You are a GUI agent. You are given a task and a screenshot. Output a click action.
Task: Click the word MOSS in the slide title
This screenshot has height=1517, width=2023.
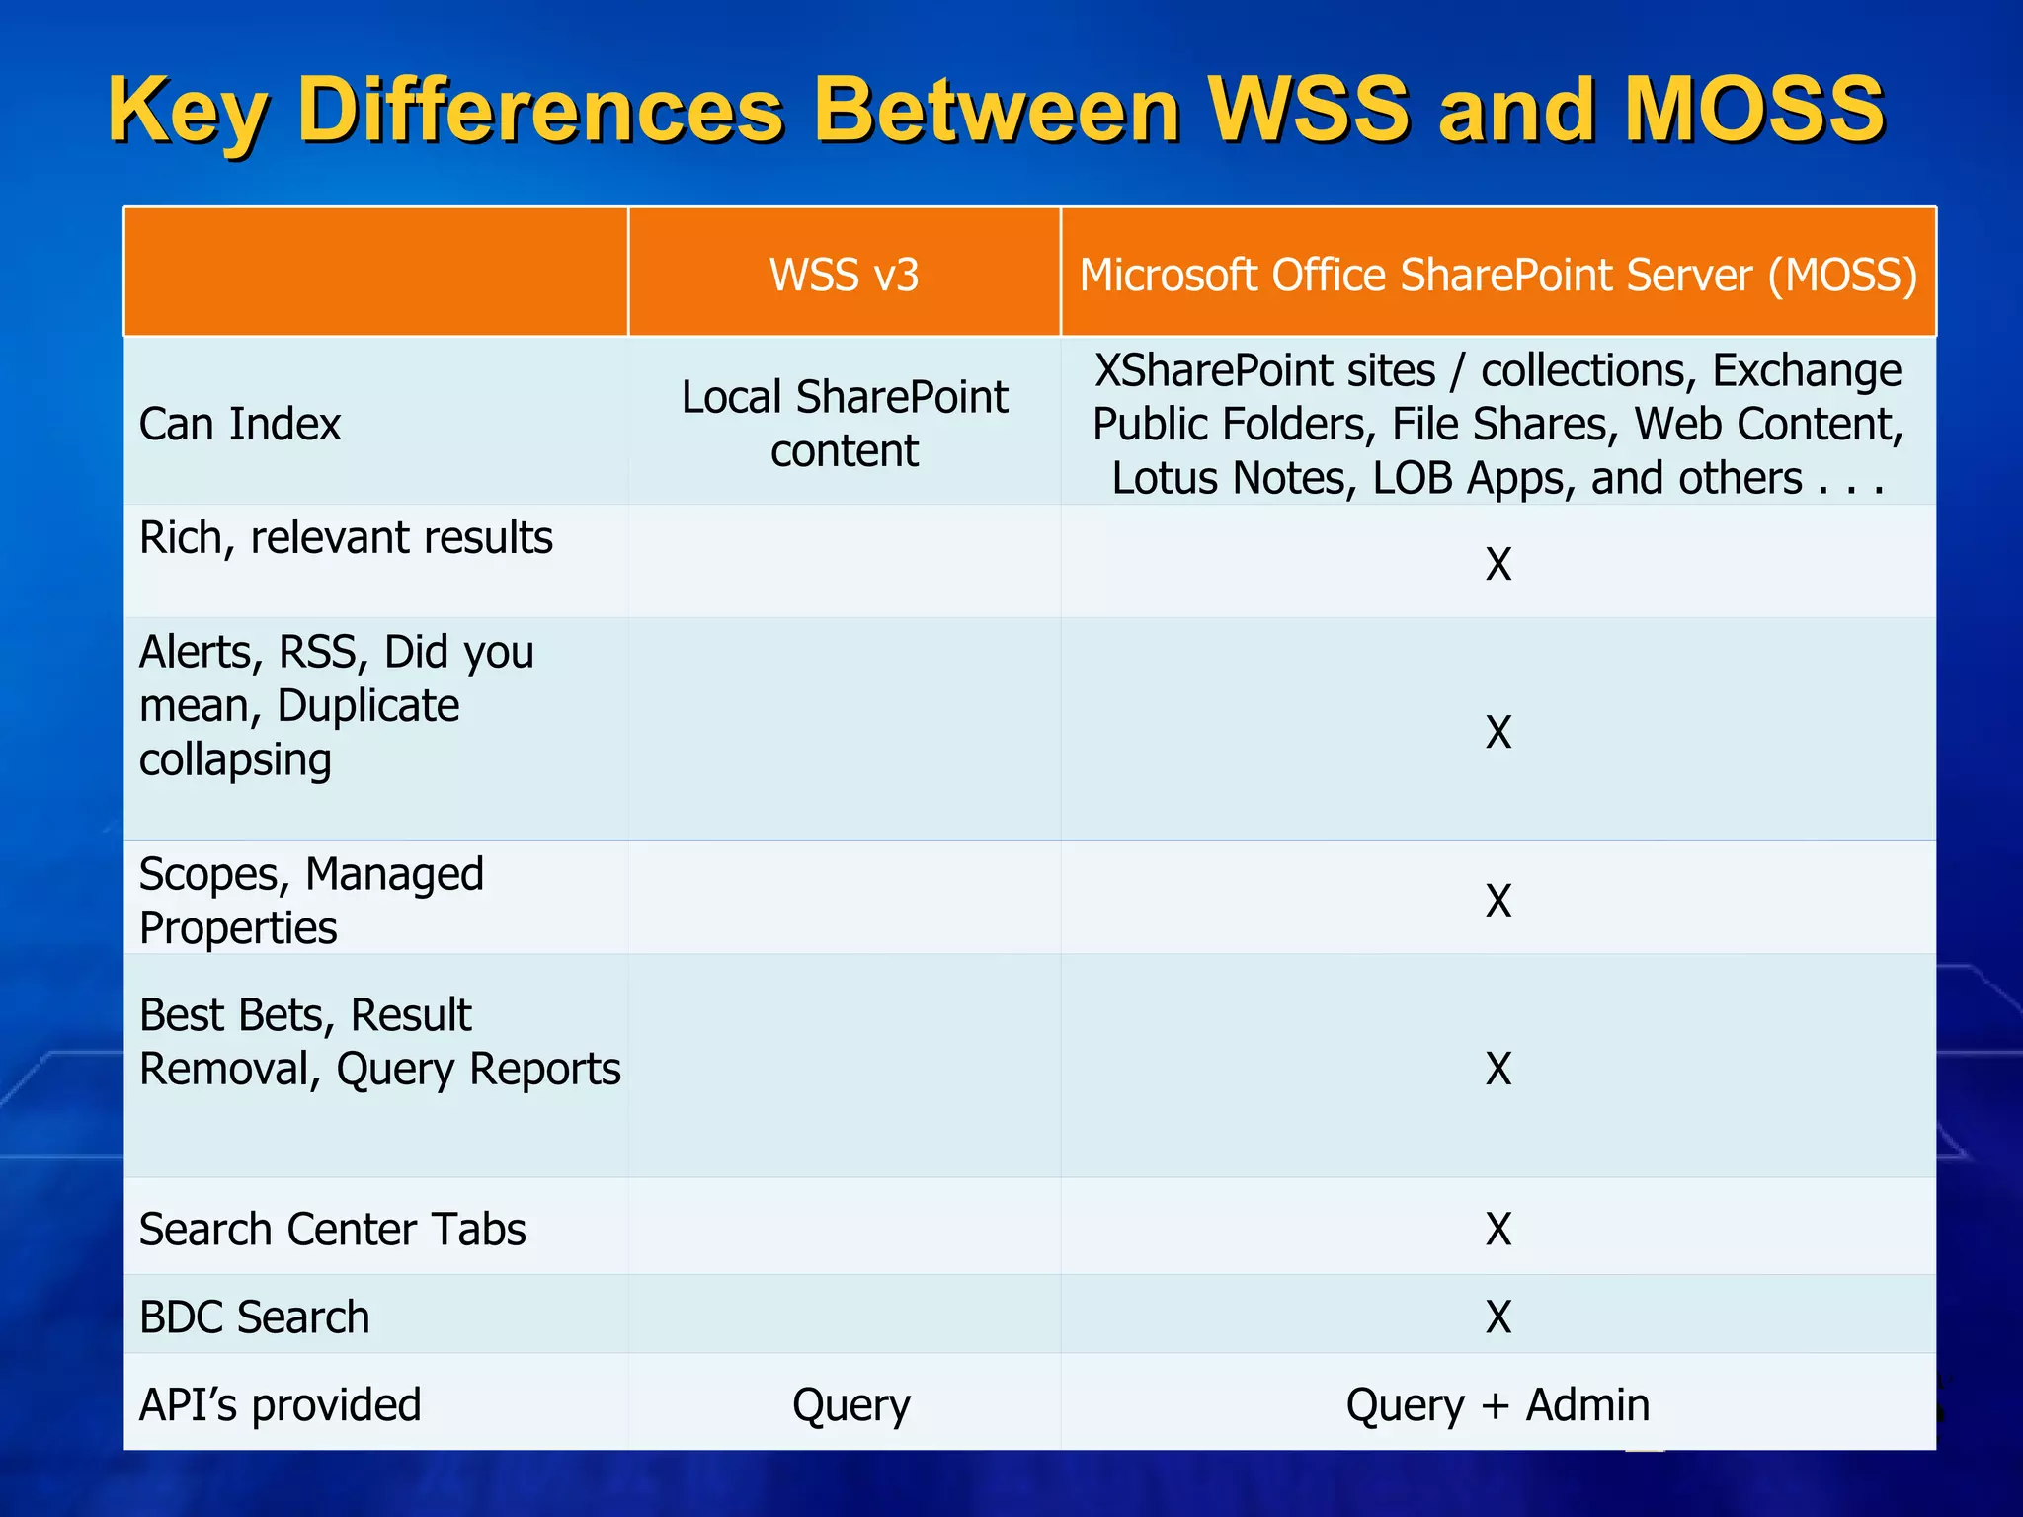coord(1754,110)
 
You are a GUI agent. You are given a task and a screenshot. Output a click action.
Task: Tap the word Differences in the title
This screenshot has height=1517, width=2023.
coord(540,110)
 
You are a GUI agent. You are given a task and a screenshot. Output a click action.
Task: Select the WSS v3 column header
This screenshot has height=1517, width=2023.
coord(844,275)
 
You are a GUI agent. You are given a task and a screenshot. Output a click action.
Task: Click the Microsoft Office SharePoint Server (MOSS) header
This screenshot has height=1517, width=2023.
coord(1497,275)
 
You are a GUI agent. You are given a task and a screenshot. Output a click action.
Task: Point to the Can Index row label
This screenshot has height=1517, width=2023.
coord(240,424)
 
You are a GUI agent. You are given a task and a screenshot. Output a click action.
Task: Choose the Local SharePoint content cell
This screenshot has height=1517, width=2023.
coord(844,424)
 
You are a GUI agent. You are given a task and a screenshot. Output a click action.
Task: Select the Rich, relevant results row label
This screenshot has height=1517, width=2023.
coord(346,538)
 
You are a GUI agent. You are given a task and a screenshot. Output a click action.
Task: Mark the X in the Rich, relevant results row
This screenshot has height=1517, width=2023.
coord(1498,564)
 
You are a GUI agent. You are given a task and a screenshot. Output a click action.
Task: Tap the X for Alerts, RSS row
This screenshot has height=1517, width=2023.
coord(1498,732)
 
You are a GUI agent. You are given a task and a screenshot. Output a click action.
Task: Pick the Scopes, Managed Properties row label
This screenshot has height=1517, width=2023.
coord(311,901)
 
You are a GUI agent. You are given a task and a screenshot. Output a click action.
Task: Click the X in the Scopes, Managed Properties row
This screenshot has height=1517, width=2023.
coord(1498,901)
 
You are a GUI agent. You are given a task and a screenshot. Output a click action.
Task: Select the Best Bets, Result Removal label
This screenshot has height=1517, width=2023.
coord(379,1042)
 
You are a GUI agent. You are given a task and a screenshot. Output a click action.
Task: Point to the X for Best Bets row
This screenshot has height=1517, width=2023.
coord(1498,1069)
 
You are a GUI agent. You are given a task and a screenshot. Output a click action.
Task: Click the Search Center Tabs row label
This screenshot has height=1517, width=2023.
coord(332,1230)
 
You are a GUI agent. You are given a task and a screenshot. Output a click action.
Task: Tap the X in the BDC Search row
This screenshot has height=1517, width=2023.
coord(1498,1317)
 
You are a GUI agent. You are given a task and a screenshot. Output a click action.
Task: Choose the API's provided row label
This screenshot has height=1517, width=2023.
coord(281,1404)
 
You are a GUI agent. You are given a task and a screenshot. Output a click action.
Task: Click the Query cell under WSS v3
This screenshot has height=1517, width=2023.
coord(850,1404)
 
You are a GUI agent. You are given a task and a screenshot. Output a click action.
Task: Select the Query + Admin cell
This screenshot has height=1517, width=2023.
coord(1497,1404)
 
